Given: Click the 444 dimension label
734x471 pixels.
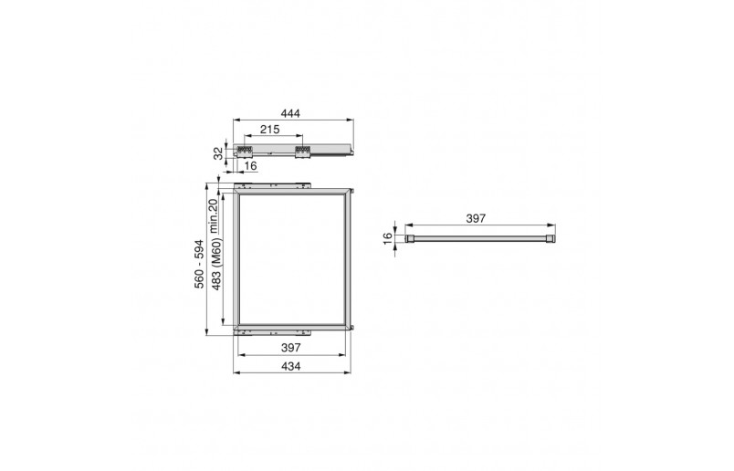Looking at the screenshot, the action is pyautogui.click(x=290, y=113).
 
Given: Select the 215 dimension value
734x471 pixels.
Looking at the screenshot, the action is pyautogui.click(x=269, y=130).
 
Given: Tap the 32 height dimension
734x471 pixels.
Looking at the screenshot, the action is pyautogui.click(x=218, y=153).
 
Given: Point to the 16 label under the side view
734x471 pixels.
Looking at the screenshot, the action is pyautogui.click(x=250, y=166).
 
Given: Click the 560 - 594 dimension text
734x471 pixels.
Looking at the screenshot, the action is pyautogui.click(x=200, y=264).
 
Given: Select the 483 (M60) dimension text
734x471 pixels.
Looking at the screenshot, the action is pyautogui.click(x=216, y=264).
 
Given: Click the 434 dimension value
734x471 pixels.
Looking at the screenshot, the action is pyautogui.click(x=290, y=367).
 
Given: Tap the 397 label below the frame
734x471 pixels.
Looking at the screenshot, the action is pyautogui.click(x=290, y=348).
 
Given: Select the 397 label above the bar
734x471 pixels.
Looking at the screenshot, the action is pyautogui.click(x=476, y=219).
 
